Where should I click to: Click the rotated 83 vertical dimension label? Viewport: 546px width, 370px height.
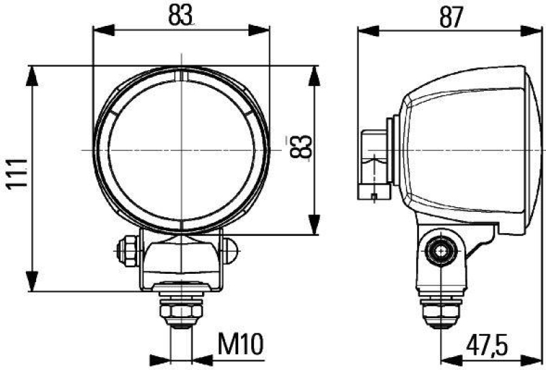tap(301, 147)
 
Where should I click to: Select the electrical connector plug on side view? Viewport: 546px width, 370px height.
tap(373, 164)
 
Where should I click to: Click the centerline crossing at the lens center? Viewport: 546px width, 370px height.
tap(182, 149)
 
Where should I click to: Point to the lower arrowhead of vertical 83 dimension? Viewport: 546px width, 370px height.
tap(313, 224)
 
